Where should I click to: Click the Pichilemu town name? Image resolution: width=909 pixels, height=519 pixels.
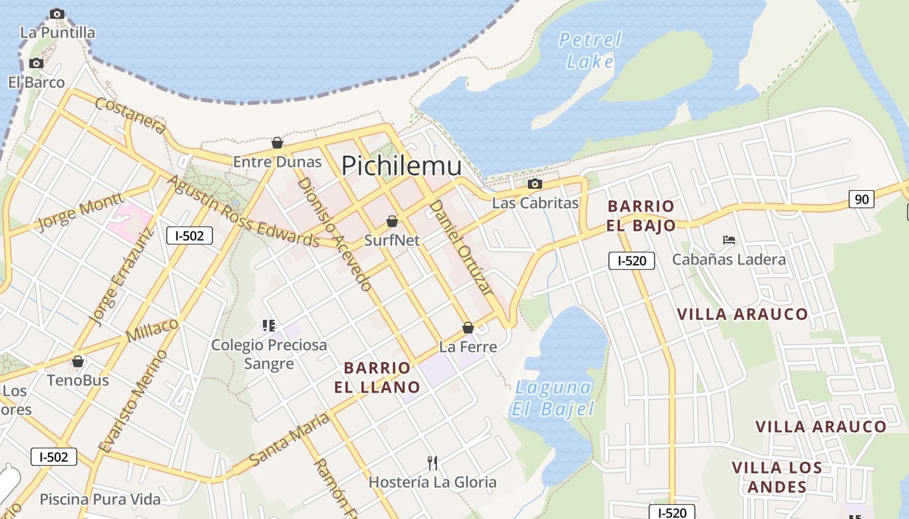(x=401, y=166)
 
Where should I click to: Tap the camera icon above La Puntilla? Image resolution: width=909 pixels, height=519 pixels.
(x=57, y=14)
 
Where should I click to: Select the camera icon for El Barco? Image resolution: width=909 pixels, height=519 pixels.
(x=36, y=63)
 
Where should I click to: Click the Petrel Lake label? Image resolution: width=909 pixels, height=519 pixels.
(x=590, y=51)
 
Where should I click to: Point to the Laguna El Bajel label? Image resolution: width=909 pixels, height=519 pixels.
(x=553, y=398)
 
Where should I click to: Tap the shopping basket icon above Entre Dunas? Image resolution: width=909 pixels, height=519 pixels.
(x=277, y=143)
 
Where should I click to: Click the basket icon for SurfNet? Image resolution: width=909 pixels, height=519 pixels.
(x=392, y=221)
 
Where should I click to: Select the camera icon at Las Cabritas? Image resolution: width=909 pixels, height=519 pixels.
(x=535, y=184)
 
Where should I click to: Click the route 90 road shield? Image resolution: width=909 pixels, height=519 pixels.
(x=862, y=199)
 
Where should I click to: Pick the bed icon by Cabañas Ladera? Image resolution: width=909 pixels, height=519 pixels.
(x=729, y=240)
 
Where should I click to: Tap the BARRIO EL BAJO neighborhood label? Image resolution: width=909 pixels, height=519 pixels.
(x=641, y=216)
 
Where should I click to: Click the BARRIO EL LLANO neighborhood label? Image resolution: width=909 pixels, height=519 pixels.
(x=377, y=378)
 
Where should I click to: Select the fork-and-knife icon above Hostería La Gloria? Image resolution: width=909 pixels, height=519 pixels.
(x=432, y=463)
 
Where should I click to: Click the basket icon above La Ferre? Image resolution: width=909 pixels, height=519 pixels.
(x=467, y=328)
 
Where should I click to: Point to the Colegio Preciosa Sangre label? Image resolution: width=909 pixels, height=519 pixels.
(x=269, y=354)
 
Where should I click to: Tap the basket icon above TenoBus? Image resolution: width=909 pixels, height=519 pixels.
(x=78, y=361)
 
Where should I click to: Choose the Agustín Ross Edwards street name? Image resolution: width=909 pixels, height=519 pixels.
(x=244, y=211)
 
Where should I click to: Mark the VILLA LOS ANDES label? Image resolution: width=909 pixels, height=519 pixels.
(x=777, y=477)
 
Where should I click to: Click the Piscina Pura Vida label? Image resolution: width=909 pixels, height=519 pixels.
(x=100, y=500)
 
